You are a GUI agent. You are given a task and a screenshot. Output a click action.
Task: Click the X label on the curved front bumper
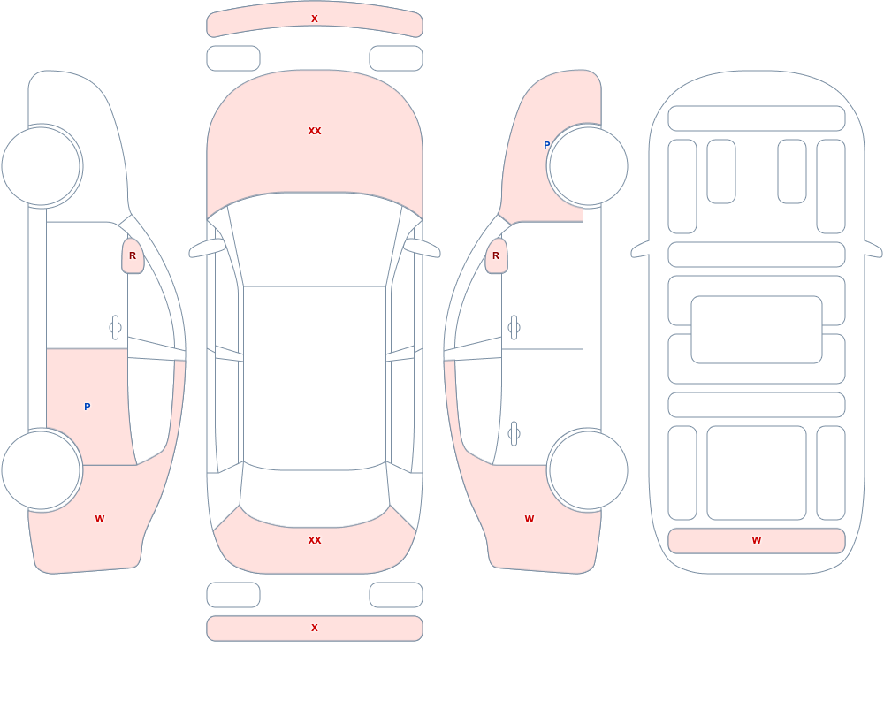tap(315, 19)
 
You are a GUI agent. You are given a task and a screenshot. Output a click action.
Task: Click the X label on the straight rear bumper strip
tap(315, 628)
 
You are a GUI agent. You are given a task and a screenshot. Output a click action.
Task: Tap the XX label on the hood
tap(315, 131)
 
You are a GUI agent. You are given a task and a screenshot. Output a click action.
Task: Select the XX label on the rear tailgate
tap(315, 540)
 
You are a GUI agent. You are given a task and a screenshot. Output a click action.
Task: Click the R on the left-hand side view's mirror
tap(133, 256)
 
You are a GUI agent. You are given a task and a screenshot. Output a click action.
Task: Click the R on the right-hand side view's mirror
tap(496, 256)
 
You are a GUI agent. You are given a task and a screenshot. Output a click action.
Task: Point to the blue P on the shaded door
tap(87, 407)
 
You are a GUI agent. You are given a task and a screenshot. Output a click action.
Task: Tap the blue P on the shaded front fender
tap(546, 145)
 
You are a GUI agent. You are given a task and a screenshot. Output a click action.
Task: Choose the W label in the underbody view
tap(757, 540)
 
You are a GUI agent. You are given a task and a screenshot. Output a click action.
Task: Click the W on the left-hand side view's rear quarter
tap(100, 519)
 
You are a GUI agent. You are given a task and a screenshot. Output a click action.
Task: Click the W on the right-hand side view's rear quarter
tap(530, 519)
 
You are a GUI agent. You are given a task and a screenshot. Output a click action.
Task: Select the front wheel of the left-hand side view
tap(42, 166)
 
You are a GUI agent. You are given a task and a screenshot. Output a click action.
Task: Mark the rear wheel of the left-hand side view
tap(42, 469)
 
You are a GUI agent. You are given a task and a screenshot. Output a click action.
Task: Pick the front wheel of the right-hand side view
tap(588, 166)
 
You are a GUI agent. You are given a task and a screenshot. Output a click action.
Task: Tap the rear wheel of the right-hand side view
tap(588, 469)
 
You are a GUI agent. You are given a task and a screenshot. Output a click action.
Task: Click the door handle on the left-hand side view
tap(115, 328)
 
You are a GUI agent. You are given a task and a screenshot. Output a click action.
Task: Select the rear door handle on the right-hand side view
tap(514, 434)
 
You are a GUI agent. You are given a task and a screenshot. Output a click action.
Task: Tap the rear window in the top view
tap(315, 495)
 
